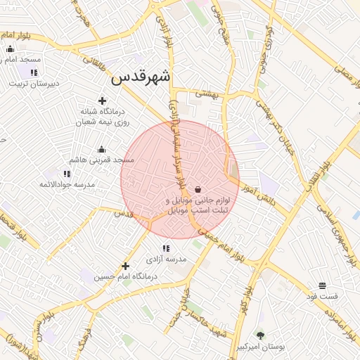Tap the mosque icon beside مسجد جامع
pos(10,49)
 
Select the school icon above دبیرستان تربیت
pos(34,72)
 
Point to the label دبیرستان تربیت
pos(34,84)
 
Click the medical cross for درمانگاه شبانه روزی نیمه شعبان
pos(103,101)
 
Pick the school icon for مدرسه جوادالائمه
pos(67,173)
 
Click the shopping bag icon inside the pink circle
pos(198,189)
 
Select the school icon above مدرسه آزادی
pos(166,247)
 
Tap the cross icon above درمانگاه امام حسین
pos(125,266)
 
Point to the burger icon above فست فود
pos(322,285)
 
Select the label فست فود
pos(322,297)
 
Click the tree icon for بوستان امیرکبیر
pos(261,335)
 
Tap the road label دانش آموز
pos(262,195)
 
